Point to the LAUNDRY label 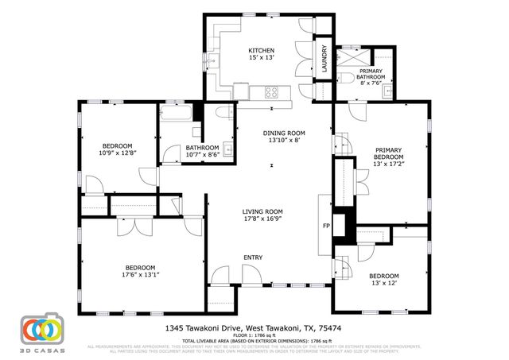pyautogui.click(x=324, y=60)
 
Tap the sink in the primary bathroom pyautogui.click(x=386, y=90)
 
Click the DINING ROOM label pyautogui.click(x=285, y=133)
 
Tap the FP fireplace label pyautogui.click(x=325, y=226)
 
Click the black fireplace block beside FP pyautogui.click(x=342, y=224)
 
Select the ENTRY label pyautogui.click(x=253, y=257)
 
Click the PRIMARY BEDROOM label pyautogui.click(x=389, y=153)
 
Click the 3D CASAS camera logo pyautogui.click(x=41, y=330)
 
